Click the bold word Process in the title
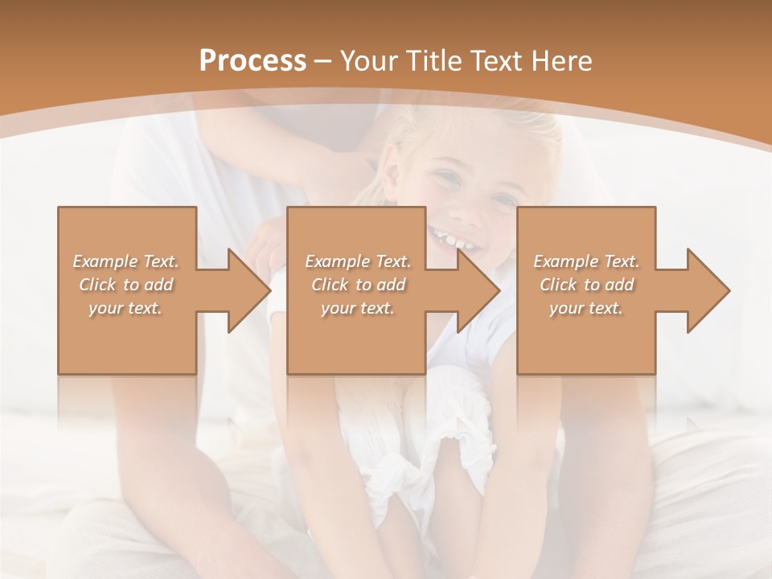point(253,61)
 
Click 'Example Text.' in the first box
point(126,261)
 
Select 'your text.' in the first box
point(126,308)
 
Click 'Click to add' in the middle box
point(358,285)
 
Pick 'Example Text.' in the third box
point(586,261)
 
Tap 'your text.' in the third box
point(586,308)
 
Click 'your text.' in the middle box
point(358,308)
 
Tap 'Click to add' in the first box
point(126,285)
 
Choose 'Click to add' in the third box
point(586,285)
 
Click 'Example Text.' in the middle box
point(358,261)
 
